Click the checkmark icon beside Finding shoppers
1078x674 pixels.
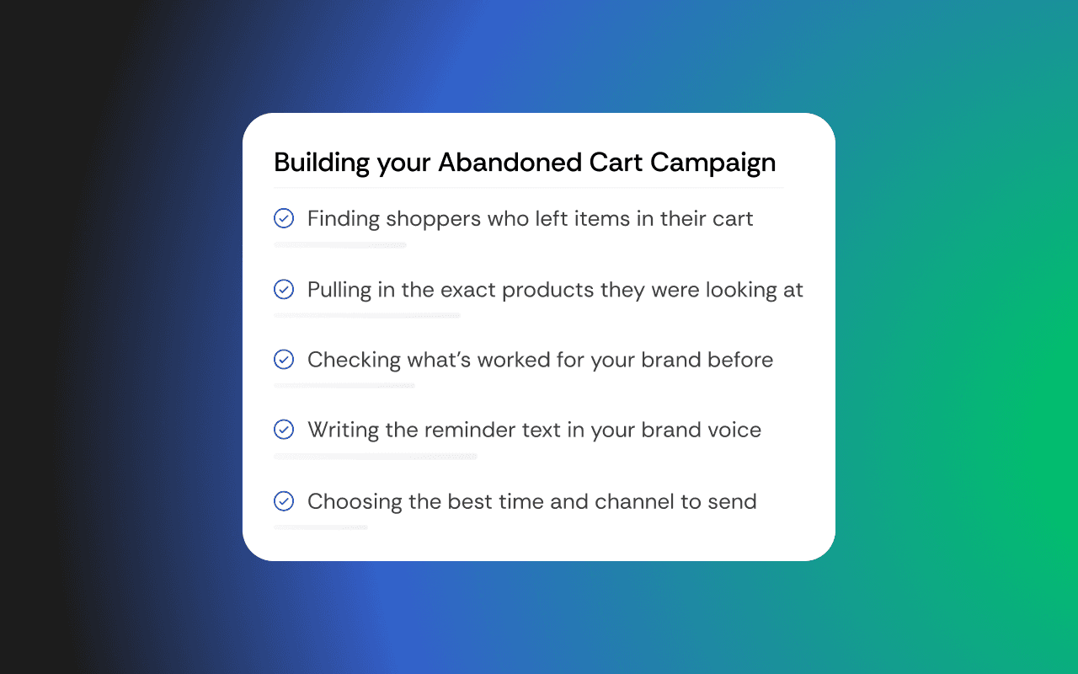click(x=284, y=218)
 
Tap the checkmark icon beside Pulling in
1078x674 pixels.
click(x=284, y=290)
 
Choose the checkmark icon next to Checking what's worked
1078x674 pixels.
click(x=284, y=360)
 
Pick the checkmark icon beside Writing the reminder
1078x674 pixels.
click(x=284, y=430)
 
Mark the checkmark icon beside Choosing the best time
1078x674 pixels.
click(x=284, y=501)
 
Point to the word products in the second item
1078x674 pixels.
click(x=548, y=291)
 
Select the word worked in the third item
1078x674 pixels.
click(x=514, y=360)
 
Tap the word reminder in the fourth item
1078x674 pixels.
click(x=467, y=430)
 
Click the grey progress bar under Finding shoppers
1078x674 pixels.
click(x=340, y=245)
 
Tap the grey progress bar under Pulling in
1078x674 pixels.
click(x=367, y=315)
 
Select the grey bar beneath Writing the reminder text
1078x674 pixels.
click(x=376, y=457)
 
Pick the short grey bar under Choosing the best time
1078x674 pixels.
click(x=321, y=527)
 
